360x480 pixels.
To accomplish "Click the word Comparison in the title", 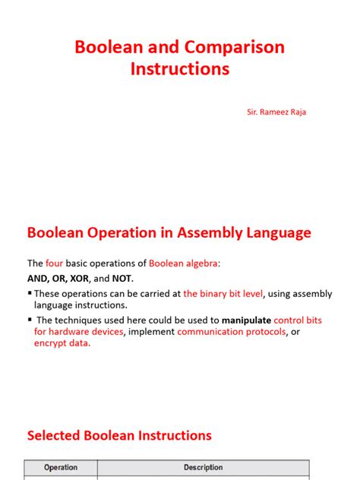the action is pyautogui.click(x=232, y=47).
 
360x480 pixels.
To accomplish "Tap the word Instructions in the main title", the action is pyautogui.click(x=179, y=69).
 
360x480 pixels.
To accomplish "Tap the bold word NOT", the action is pyautogui.click(x=130, y=278).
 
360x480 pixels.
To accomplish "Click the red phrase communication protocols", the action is pyautogui.click(x=232, y=332).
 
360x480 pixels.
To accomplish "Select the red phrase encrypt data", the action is pyautogui.click(x=62, y=343).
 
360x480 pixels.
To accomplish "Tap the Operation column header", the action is pyautogui.click(x=62, y=468).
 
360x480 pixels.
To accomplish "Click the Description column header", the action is pyautogui.click(x=204, y=468).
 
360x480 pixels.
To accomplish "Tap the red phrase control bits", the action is pyautogui.click(x=298, y=321).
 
